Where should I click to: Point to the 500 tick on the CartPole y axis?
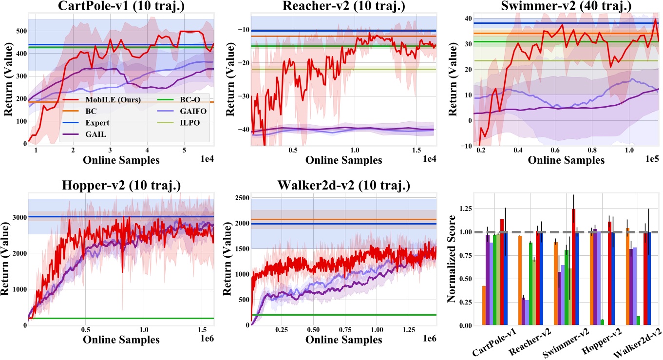(x=18, y=31)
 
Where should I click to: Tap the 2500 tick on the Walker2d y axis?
(x=236, y=198)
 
